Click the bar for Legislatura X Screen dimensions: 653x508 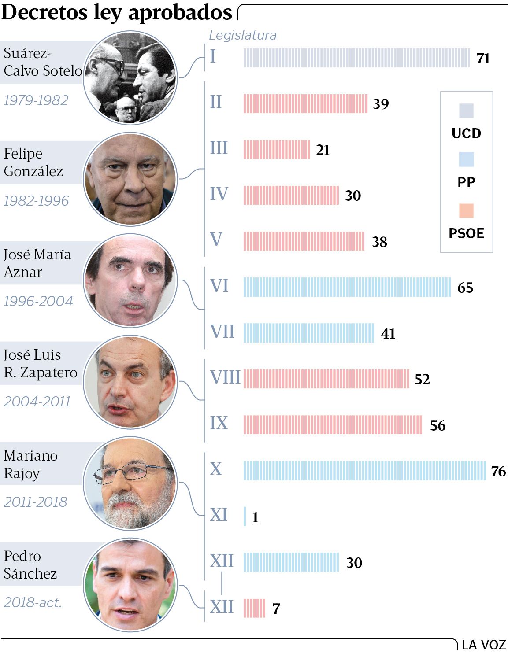pyautogui.click(x=364, y=470)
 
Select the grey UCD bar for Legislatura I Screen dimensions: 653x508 pyautogui.click(x=356, y=58)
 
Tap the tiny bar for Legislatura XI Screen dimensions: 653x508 pyautogui.click(x=245, y=516)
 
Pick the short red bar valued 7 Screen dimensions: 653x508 pyautogui.click(x=254, y=608)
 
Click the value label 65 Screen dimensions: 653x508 pyautogui.click(x=465, y=288)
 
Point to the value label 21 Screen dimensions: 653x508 pyautogui.click(x=323, y=150)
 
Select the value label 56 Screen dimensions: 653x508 pyautogui.click(x=438, y=425)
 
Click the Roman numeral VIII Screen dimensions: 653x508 pyautogui.click(x=225, y=377)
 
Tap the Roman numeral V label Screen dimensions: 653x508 pyautogui.click(x=216, y=240)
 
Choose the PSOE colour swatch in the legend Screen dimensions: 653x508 pyautogui.click(x=466, y=210)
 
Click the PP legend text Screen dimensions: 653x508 pyautogui.click(x=466, y=182)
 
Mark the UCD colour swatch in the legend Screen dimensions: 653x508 pyautogui.click(x=466, y=111)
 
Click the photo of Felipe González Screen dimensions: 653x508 pyautogui.click(x=130, y=179)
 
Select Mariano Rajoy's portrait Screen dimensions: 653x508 pyautogui.click(x=130, y=483)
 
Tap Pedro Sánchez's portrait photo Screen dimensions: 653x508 pyautogui.click(x=130, y=584)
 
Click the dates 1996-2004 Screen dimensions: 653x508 pyautogui.click(x=38, y=301)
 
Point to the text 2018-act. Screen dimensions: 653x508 pyautogui.click(x=33, y=602)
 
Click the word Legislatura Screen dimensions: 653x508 pyautogui.click(x=243, y=35)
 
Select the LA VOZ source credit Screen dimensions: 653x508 pyautogui.click(x=483, y=645)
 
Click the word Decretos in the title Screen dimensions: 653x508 pyautogui.click(x=44, y=12)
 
